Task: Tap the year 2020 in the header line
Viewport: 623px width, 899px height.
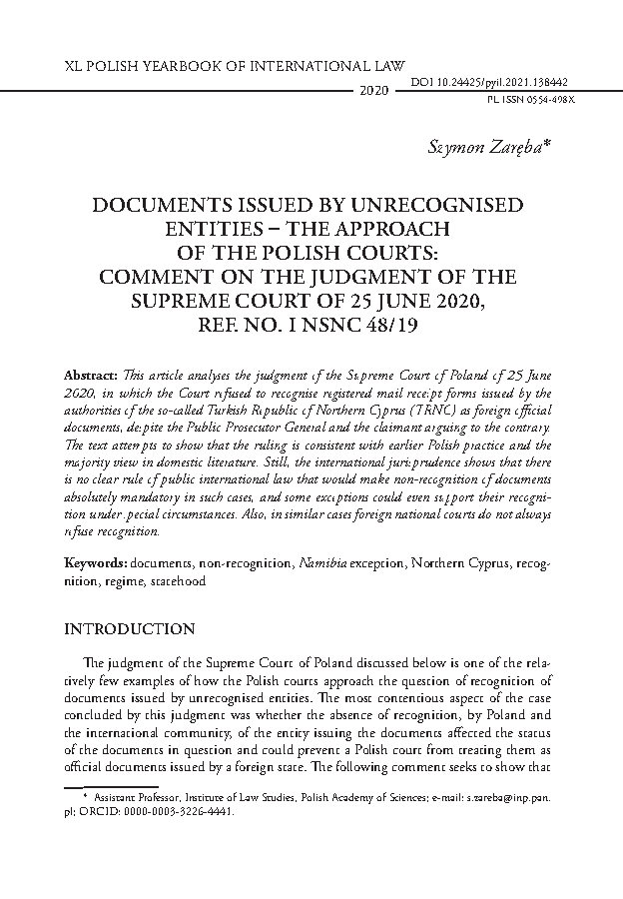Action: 372,91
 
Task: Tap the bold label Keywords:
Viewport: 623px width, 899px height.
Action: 95,563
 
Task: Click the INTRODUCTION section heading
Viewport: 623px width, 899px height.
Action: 129,629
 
